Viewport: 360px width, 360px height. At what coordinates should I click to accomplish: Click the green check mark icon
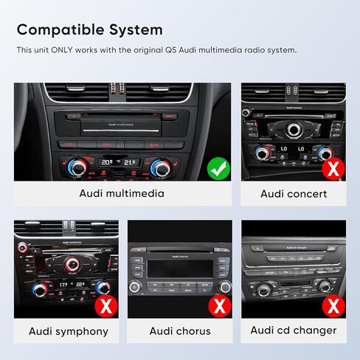pyautogui.click(x=215, y=169)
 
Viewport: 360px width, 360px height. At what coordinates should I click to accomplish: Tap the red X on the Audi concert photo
pyautogui.click(x=333, y=169)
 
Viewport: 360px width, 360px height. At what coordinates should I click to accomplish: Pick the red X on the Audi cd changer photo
pyautogui.click(x=333, y=305)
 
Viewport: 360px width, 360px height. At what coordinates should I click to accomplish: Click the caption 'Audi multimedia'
pyautogui.click(x=122, y=194)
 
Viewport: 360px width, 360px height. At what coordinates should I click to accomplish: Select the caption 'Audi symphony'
pyautogui.click(x=69, y=330)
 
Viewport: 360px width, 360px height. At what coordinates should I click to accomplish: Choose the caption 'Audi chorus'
pyautogui.click(x=180, y=330)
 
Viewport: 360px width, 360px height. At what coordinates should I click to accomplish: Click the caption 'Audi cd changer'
pyautogui.click(x=293, y=330)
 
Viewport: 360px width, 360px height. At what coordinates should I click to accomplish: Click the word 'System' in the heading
pyautogui.click(x=138, y=30)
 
